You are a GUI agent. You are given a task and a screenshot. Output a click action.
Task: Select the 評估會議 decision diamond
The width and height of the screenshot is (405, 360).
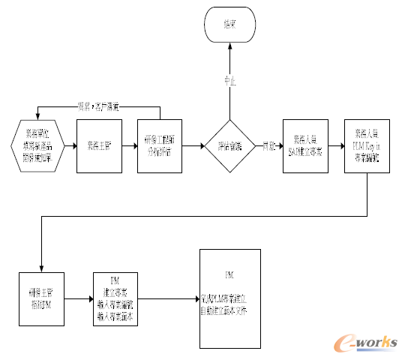point(229,146)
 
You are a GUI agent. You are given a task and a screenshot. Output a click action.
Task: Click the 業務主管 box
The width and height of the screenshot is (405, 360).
point(98,145)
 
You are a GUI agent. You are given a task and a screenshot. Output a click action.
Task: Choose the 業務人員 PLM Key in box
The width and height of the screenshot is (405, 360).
point(365,145)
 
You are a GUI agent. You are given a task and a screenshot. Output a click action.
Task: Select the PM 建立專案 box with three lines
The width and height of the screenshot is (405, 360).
point(115,298)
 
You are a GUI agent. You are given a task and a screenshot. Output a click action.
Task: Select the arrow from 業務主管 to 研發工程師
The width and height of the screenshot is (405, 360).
point(128,145)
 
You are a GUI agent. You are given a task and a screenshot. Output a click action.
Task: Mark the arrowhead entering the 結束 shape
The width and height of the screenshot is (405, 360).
point(229,47)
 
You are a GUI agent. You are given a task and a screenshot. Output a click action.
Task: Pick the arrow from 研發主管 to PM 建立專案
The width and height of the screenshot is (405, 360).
point(78,298)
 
